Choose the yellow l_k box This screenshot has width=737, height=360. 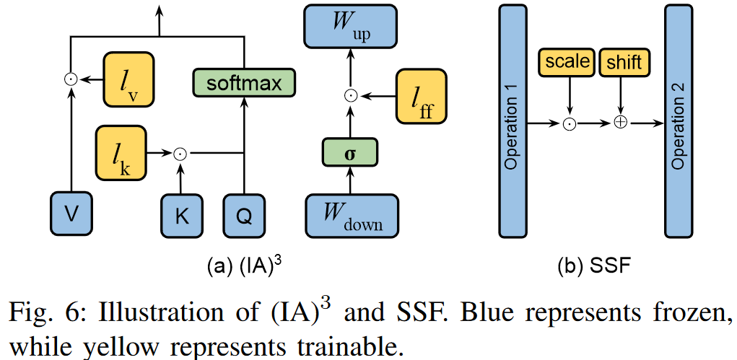point(121,152)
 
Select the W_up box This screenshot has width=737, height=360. point(350,27)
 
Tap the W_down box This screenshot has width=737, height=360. point(350,215)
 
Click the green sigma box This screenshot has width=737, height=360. point(350,154)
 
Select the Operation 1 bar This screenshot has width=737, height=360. point(512,121)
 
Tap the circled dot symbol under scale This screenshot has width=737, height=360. point(570,123)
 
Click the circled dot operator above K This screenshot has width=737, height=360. point(180,153)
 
